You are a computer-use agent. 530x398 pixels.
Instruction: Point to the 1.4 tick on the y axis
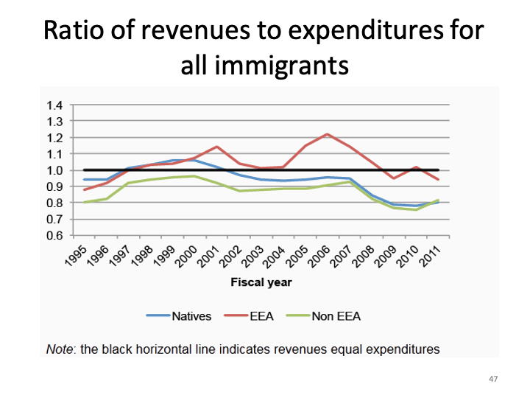pos(55,105)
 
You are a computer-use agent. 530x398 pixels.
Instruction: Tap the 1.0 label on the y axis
pos(55,170)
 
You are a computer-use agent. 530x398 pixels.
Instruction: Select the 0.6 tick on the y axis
pos(55,236)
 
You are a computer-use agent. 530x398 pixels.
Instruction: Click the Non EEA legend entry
pos(335,316)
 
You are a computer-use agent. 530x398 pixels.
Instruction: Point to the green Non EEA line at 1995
pos(84,202)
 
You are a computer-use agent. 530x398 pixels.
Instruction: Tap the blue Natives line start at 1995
pos(84,179)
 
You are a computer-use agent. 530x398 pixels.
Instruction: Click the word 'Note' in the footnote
pos(60,349)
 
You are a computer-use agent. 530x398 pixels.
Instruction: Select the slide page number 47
pos(492,378)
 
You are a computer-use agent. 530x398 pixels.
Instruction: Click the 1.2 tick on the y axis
pos(55,137)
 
